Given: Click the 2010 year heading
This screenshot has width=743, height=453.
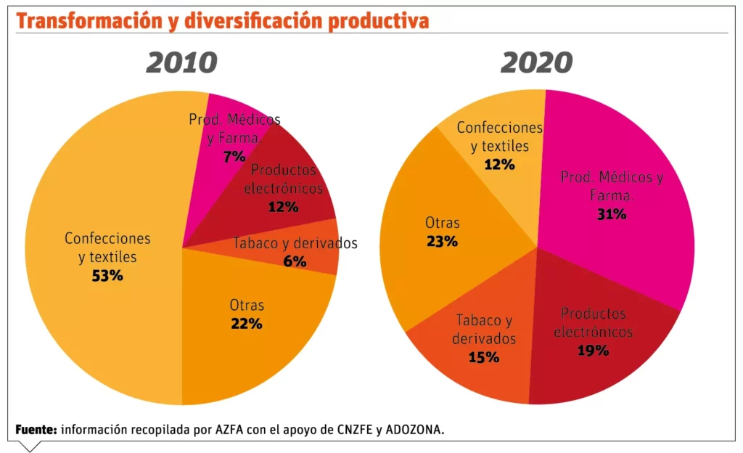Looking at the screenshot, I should point(181,63).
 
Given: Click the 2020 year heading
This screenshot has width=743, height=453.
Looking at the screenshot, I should point(536,63).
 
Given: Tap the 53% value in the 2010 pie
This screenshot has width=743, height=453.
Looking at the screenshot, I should point(107,276).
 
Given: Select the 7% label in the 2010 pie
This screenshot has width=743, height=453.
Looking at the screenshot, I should point(234,156).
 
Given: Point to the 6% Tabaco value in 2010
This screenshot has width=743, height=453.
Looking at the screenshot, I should point(295,261).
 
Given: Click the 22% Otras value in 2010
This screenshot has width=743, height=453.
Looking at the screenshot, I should point(246,324).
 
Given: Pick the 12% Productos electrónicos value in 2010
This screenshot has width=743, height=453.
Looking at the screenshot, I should point(283,207).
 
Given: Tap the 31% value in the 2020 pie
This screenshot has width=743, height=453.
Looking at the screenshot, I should point(611,214).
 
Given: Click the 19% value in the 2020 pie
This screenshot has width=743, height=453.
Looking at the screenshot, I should point(593,351).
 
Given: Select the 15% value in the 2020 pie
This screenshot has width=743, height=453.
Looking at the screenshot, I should point(484,357).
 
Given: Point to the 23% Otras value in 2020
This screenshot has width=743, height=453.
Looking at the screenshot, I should point(442,242).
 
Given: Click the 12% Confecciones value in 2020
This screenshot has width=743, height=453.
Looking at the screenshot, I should point(499,164).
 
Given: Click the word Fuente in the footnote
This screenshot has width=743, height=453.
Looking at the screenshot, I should point(36,429).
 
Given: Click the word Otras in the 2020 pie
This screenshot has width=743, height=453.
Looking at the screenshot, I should point(443,224).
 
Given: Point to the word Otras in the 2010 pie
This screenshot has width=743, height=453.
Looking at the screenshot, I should point(247,306).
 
